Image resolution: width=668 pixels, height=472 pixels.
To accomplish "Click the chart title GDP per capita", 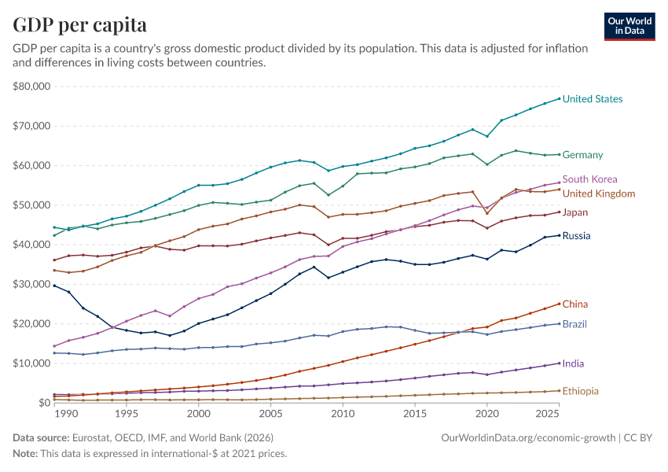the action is click(x=79, y=24).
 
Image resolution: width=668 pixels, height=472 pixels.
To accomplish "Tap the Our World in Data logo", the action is click(x=629, y=27).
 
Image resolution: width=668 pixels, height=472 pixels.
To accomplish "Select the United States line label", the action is click(x=593, y=99).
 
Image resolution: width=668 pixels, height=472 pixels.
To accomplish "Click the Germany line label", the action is click(x=582, y=155).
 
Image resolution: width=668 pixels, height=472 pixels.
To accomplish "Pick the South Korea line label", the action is click(x=589, y=179).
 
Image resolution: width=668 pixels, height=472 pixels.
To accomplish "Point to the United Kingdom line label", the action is click(x=599, y=194).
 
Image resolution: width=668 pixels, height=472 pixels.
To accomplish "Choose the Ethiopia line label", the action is click(x=580, y=391).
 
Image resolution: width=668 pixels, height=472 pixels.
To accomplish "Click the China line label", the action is click(x=574, y=304).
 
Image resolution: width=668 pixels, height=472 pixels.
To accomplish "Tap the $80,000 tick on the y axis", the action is click(x=31, y=86).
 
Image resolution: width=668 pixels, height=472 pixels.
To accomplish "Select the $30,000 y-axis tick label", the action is click(x=31, y=284).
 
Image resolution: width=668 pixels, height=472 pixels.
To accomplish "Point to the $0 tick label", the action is click(x=44, y=403).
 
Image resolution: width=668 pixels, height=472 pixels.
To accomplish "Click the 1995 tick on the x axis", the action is click(x=126, y=414).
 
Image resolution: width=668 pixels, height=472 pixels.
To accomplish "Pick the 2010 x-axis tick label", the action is click(x=343, y=414).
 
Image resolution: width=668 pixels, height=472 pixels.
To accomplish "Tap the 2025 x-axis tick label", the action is click(x=548, y=414).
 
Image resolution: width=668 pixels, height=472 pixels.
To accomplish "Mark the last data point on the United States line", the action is click(x=559, y=98).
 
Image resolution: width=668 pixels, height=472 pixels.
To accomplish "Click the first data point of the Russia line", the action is click(x=54, y=286).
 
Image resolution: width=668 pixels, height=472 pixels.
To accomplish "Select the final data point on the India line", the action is click(x=559, y=363).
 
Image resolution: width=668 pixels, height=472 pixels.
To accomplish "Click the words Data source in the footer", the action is click(x=41, y=438).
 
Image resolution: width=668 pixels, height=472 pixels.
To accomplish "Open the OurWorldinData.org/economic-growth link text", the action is click(x=528, y=438).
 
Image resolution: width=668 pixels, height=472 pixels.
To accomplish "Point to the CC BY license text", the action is click(x=638, y=438).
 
